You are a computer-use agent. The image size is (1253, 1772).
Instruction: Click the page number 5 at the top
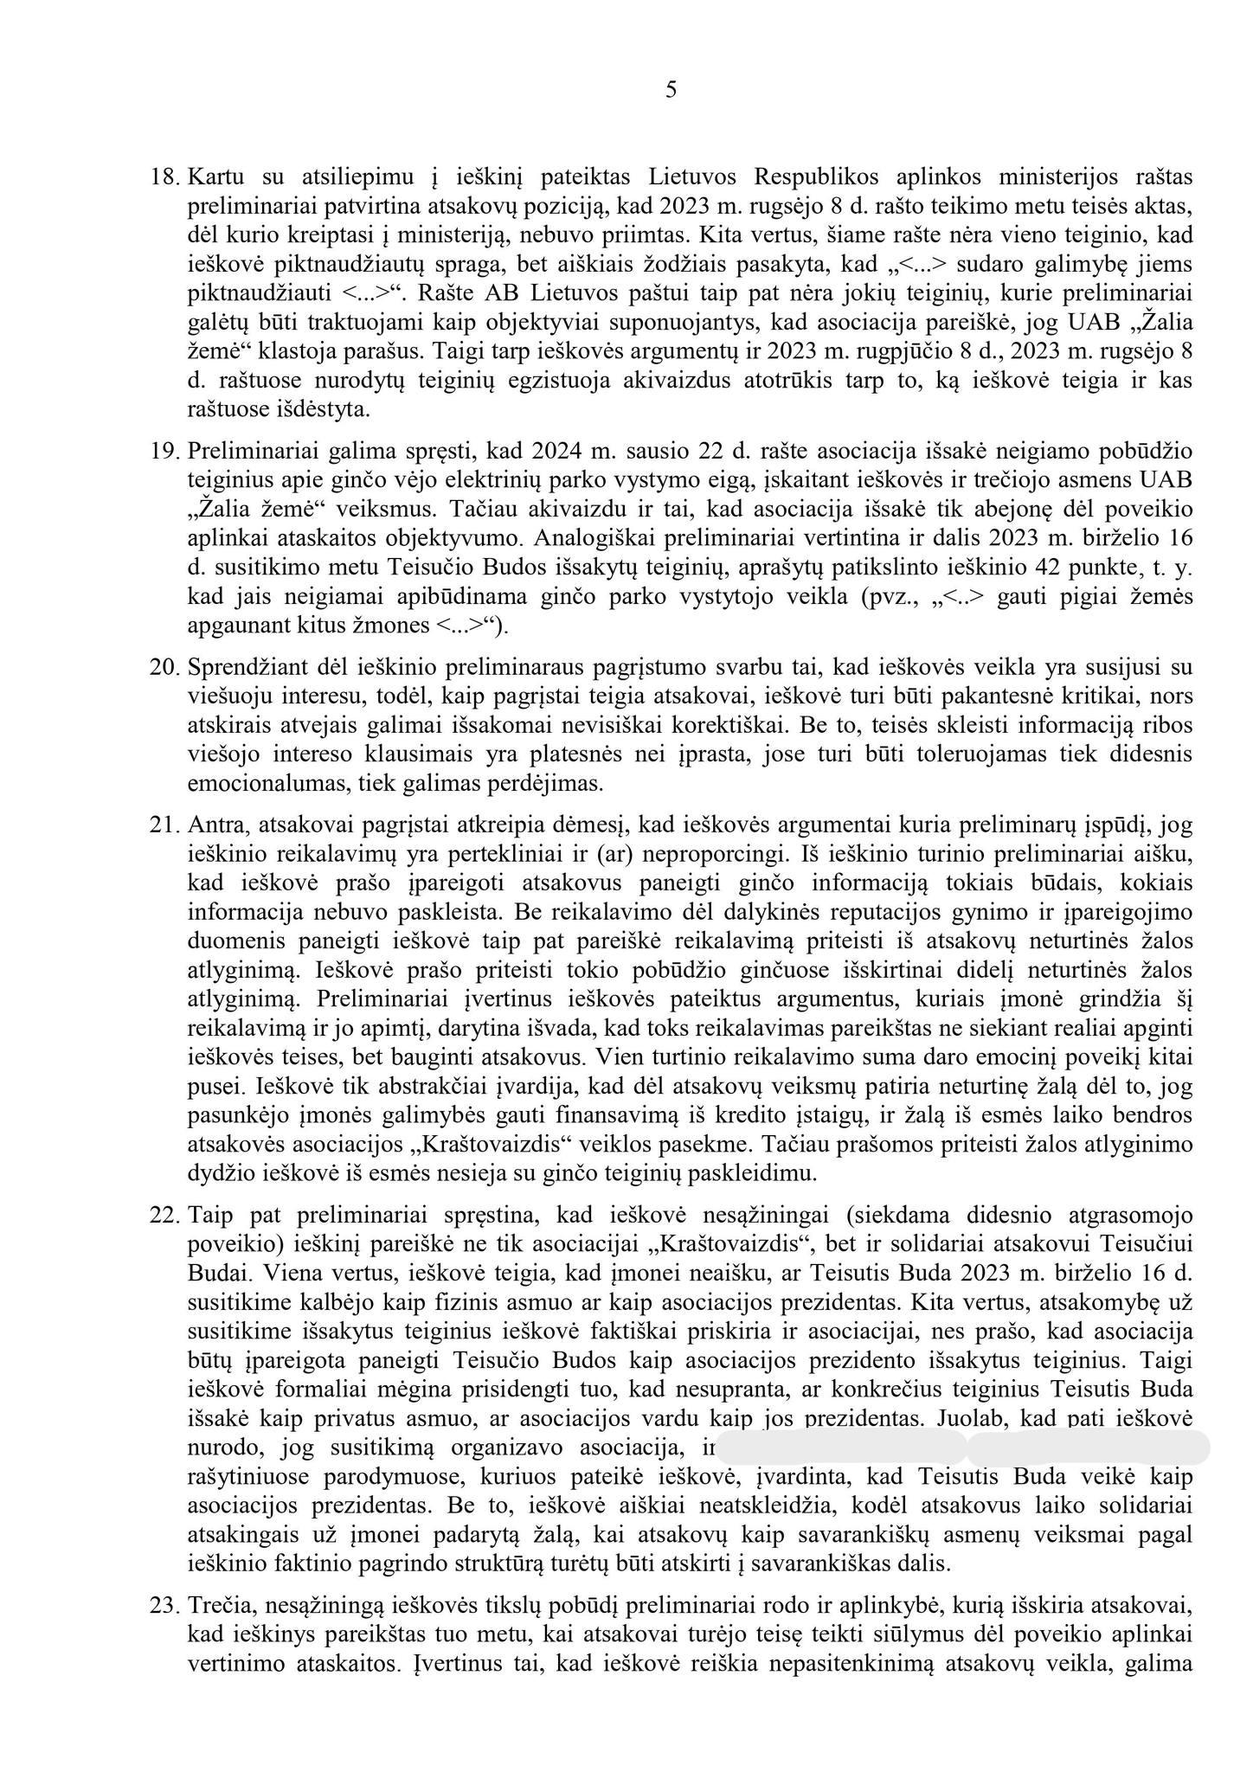point(671,89)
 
